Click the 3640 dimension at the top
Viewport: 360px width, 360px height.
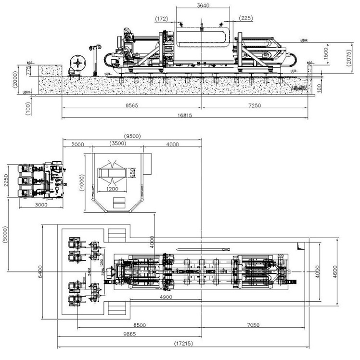[x=200, y=6]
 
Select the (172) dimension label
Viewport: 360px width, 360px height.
[x=161, y=19]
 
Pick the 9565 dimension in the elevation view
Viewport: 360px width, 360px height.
[x=130, y=105]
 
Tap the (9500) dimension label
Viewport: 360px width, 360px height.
[x=132, y=136]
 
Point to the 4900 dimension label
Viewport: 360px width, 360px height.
[x=166, y=296]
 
